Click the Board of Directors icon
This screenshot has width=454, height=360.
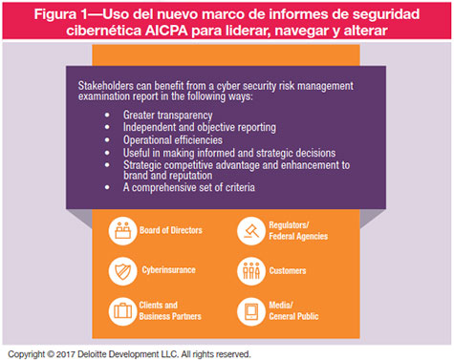[x=122, y=230]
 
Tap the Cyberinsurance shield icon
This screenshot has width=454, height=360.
[x=122, y=269]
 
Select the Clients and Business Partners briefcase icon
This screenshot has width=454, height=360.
[x=122, y=309]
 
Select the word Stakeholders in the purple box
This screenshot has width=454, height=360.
[x=105, y=87]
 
